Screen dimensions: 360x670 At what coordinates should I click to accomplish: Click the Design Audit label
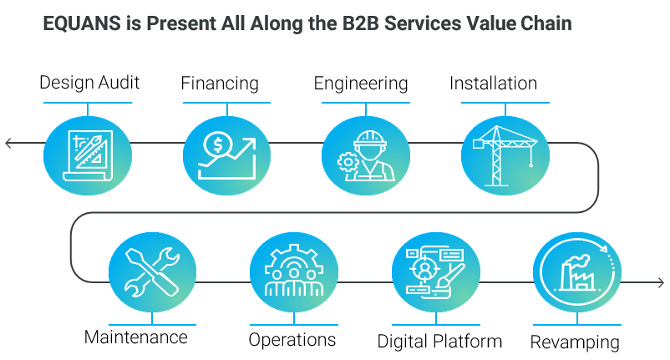[x=89, y=83]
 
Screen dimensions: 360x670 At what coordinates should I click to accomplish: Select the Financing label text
[x=220, y=84]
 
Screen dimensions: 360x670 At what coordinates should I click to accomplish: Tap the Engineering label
[x=360, y=84]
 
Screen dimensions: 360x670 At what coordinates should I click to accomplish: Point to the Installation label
[x=493, y=84]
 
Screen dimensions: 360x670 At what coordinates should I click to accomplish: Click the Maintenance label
[x=135, y=337]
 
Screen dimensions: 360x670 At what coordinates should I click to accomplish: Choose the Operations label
[x=292, y=339]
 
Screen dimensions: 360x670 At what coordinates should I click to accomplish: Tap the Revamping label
[x=575, y=342]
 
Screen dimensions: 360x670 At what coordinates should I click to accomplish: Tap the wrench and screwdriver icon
[x=152, y=271]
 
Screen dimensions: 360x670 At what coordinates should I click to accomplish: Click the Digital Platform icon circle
[x=434, y=272]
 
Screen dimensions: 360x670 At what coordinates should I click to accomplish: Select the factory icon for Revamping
[x=576, y=272]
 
